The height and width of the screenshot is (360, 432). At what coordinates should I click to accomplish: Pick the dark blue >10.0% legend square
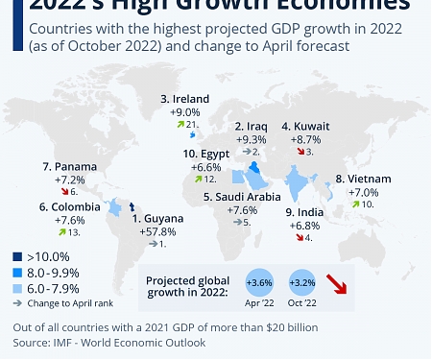pos(18,256)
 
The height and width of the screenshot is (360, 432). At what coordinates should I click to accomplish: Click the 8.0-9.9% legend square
pos(18,272)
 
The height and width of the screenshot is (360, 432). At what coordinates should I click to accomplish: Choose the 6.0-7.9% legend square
pos(18,287)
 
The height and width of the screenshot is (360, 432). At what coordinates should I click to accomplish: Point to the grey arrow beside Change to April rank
pos(18,302)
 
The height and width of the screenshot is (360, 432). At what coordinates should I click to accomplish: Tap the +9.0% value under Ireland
pos(185,111)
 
